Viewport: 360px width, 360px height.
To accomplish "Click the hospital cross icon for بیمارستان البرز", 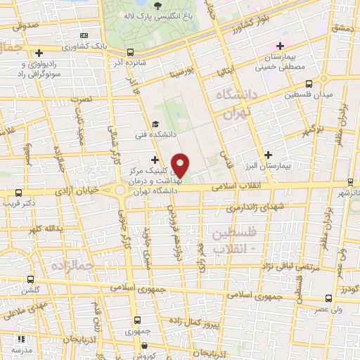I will (268, 154).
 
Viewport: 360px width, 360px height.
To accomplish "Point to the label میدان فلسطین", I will (307, 94).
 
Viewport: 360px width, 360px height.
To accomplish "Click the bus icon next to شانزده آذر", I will (131, 51).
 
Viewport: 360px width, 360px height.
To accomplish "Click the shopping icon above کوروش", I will (145, 345).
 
